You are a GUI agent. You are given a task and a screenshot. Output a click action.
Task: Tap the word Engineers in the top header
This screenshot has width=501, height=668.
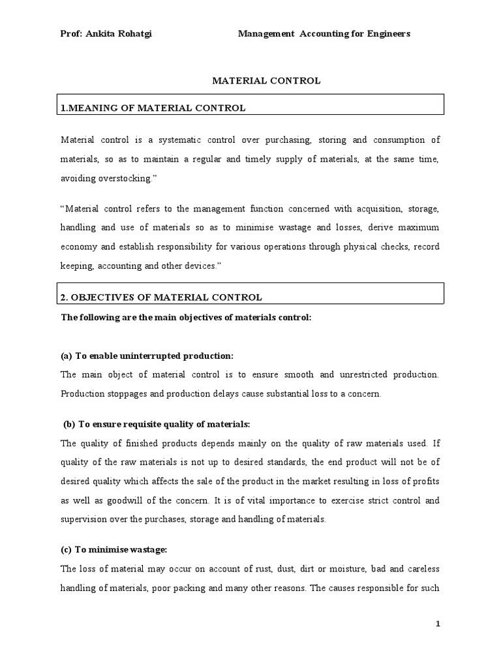[387, 34]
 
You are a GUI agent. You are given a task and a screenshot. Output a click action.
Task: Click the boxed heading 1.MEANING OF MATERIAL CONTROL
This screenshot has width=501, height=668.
[153, 108]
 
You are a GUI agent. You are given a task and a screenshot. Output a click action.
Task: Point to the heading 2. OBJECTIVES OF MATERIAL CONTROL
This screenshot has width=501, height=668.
[161, 297]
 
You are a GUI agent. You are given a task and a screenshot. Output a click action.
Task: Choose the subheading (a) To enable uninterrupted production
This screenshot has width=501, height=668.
[147, 356]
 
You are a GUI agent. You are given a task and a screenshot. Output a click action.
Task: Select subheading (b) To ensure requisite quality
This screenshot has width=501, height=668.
[157, 425]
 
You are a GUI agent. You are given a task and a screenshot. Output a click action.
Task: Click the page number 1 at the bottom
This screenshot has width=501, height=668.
[438, 624]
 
